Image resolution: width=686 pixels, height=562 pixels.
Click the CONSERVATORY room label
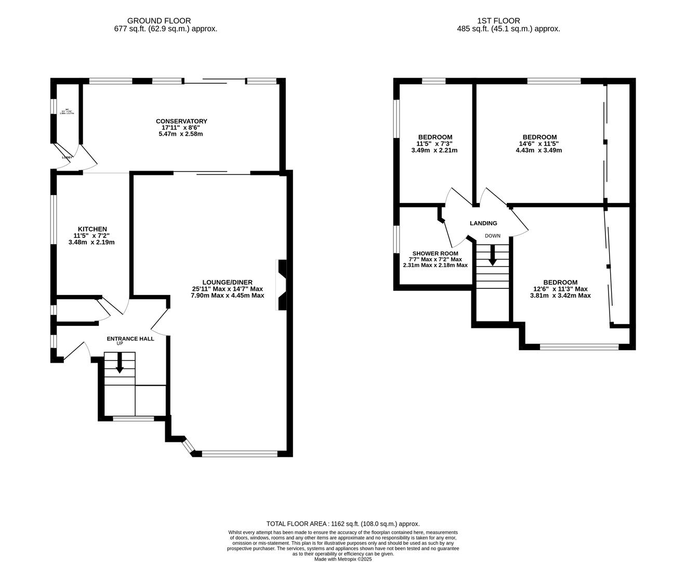[181, 121]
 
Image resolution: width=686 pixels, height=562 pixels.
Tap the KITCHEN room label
[93, 229]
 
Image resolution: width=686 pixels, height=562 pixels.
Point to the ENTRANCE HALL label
[130, 338]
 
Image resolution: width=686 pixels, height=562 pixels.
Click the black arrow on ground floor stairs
[120, 363]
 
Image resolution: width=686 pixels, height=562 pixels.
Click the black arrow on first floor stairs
[492, 255]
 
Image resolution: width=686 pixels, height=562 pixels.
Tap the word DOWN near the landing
[493, 236]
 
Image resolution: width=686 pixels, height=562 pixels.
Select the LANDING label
[483, 223]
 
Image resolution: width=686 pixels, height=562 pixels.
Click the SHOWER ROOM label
[435, 253]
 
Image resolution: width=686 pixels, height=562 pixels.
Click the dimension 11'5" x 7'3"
[434, 144]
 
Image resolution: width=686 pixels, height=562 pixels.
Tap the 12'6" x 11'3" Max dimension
[560, 289]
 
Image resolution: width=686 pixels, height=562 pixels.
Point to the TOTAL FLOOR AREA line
[343, 524]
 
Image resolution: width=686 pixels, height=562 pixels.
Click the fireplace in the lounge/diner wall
[282, 285]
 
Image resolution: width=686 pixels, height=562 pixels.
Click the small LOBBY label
[68, 157]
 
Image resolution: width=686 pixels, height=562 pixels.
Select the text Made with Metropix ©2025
[343, 559]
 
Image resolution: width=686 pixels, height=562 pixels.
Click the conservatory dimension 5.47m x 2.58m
[180, 134]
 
